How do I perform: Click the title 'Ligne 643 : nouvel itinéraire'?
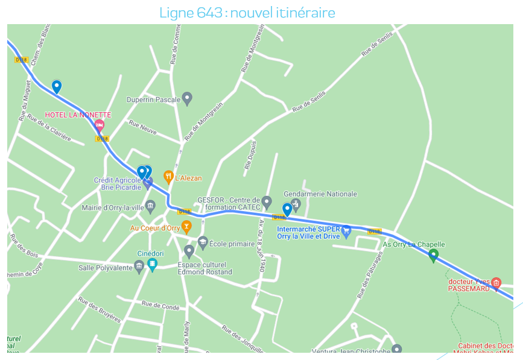[247, 13]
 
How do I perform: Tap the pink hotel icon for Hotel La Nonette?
[100, 125]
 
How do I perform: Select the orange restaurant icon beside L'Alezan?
[168, 177]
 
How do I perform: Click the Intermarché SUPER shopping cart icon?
[346, 230]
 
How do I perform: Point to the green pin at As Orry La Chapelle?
[433, 255]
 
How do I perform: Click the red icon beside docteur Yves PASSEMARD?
[496, 282]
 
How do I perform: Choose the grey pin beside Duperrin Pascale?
[188, 98]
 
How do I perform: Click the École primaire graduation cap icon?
[203, 242]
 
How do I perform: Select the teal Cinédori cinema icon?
[153, 264]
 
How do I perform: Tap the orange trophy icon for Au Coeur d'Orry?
[186, 227]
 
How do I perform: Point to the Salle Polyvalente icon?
[139, 267]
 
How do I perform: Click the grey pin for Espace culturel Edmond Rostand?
[189, 251]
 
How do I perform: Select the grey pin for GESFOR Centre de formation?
[267, 201]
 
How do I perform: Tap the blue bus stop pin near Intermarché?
[288, 209]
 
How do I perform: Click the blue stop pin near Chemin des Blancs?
[57, 86]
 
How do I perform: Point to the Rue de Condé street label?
[160, 306]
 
